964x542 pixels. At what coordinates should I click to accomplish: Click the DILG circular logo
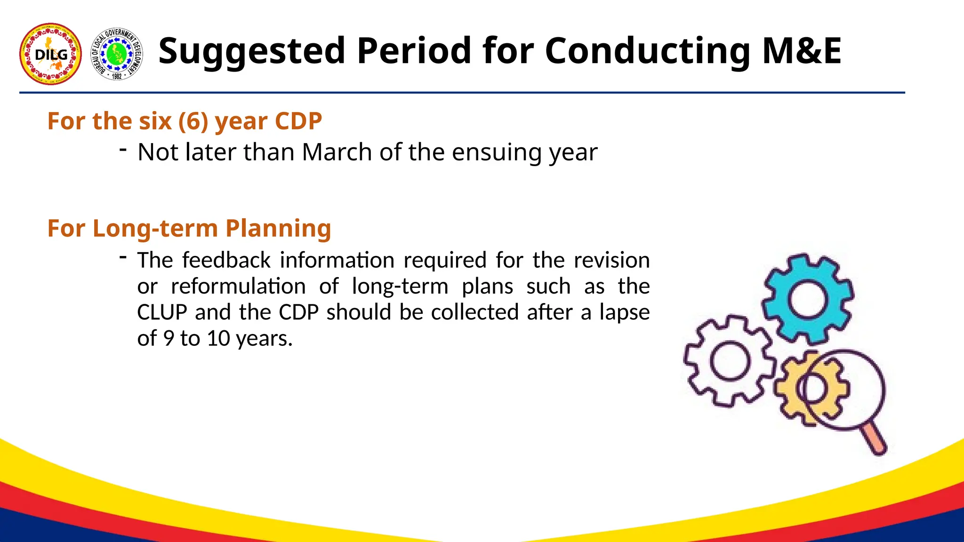50,54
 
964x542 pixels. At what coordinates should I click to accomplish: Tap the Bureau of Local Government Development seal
117,54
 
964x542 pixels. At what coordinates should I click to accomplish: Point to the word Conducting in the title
648,51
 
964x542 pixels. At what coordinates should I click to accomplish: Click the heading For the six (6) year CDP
185,121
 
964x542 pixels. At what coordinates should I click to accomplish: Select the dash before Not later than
123,150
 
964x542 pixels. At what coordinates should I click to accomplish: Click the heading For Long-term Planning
189,228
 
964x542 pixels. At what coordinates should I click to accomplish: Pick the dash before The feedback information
123,257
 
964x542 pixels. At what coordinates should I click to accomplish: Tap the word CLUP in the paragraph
162,312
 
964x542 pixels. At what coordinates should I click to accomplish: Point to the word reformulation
238,287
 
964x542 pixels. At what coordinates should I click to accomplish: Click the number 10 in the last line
218,339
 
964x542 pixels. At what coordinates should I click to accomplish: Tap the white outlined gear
729,361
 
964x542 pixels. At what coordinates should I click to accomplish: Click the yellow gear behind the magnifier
791,391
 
